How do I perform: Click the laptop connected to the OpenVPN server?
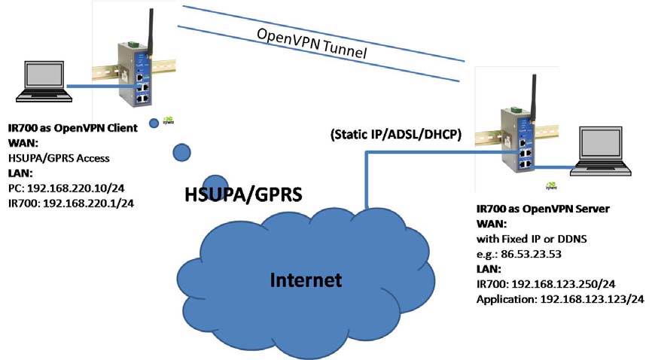(x=600, y=151)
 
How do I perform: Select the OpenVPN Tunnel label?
(x=312, y=44)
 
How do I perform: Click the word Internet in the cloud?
(x=306, y=280)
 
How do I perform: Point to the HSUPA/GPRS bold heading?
(x=243, y=195)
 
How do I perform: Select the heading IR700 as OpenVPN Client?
(x=72, y=128)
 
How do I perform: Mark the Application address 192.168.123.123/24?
(x=560, y=300)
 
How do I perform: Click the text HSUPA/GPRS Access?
(x=59, y=158)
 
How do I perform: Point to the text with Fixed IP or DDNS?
(x=535, y=239)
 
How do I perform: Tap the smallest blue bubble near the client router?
(x=154, y=123)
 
